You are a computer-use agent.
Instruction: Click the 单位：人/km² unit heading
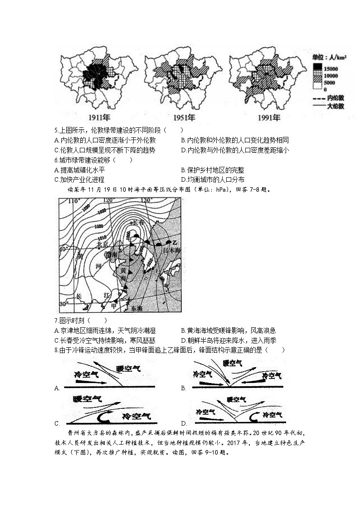pyautogui.click(x=330, y=58)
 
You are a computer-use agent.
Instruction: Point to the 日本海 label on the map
pyautogui.click(x=172, y=250)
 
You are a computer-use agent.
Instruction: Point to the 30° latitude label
pyautogui.click(x=64, y=303)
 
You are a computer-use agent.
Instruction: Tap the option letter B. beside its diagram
pyautogui.click(x=184, y=388)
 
